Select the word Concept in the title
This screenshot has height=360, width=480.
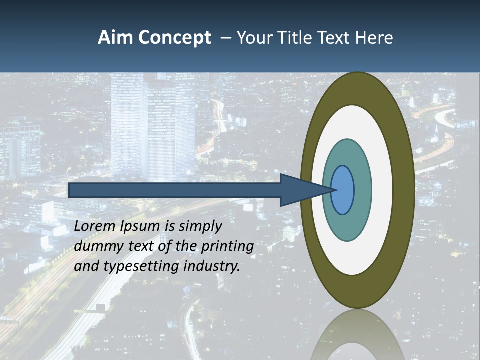point(175,38)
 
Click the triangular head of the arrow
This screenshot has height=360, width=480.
point(300,190)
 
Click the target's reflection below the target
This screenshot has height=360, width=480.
point(357,335)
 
